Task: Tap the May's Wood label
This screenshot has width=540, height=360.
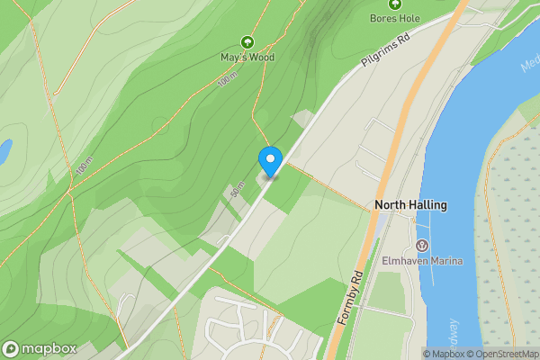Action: (x=247, y=57)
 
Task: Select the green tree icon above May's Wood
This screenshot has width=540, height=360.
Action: (x=247, y=41)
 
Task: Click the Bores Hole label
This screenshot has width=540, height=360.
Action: (x=394, y=18)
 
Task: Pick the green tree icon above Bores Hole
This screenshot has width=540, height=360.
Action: (x=394, y=4)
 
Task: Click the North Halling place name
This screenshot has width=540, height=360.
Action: (x=410, y=205)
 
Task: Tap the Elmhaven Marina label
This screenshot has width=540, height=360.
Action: (x=422, y=261)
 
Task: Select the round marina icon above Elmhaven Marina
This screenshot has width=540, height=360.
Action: (x=422, y=246)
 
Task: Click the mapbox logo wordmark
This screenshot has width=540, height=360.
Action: (x=49, y=348)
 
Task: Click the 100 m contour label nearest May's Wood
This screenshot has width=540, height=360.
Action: (x=224, y=79)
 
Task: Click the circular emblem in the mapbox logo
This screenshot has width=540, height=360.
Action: (x=12, y=348)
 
